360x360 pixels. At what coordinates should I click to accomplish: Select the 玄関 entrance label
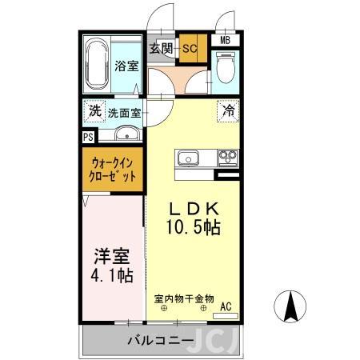coord(162,48)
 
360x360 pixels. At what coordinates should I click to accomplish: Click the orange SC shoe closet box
coord(190,48)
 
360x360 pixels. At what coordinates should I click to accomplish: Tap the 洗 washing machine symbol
coord(95,110)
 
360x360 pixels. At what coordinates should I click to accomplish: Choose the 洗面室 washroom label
coord(126,112)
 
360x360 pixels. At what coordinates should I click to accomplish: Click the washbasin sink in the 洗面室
coord(126,134)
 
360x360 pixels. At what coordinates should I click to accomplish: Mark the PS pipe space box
coord(87,137)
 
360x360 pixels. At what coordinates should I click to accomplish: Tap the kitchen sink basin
coord(190,157)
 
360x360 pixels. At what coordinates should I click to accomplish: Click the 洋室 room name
coord(113,258)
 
